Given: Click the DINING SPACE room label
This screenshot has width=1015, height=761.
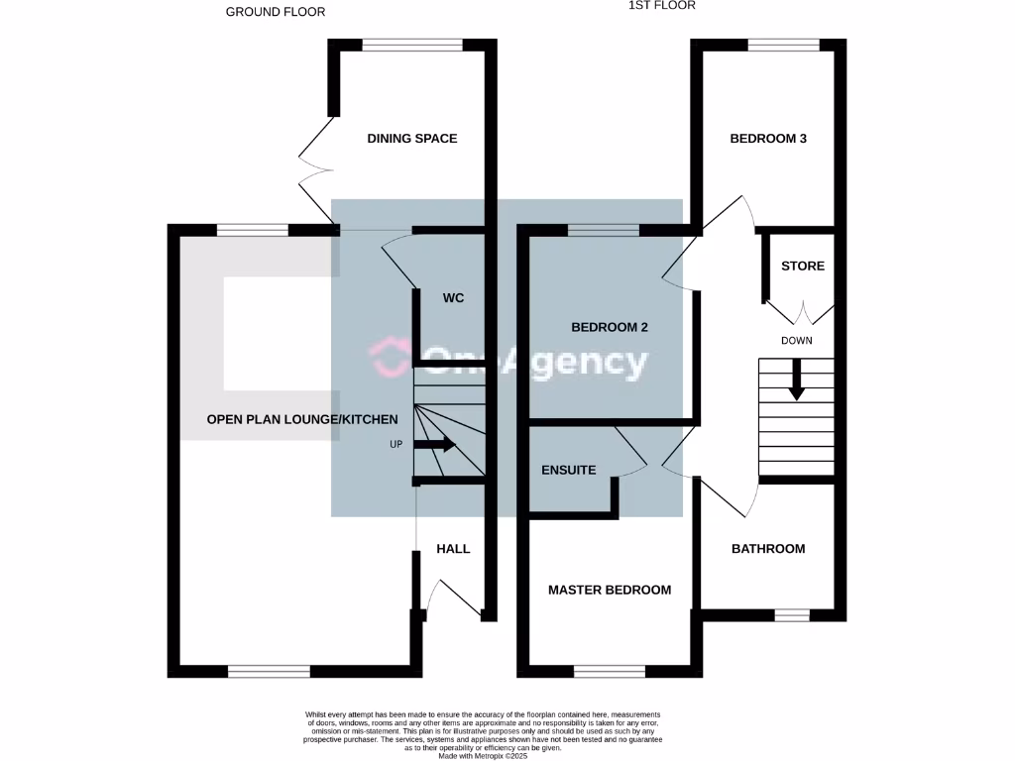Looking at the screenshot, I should (x=412, y=139).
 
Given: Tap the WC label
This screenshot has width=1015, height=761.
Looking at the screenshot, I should (x=453, y=297).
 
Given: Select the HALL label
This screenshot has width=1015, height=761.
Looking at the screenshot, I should (x=453, y=548).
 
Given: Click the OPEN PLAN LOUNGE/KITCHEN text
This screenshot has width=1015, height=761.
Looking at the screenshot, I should (x=302, y=420).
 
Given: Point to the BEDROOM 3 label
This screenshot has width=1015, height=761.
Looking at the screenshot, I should (x=768, y=139).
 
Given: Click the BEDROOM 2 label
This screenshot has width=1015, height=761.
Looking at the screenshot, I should (x=610, y=327).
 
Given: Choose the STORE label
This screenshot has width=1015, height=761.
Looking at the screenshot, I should (x=803, y=266).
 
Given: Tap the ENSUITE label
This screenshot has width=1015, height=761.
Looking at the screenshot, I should (x=569, y=470).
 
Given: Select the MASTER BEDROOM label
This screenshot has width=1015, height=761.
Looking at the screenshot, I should (x=610, y=590).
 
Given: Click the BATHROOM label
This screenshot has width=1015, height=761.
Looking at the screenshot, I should (x=768, y=548).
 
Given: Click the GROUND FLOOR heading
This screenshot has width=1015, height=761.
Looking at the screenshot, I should (x=276, y=12).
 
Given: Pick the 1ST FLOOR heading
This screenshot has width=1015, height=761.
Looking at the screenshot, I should (x=662, y=5).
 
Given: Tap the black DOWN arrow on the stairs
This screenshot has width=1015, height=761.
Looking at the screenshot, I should (x=796, y=381).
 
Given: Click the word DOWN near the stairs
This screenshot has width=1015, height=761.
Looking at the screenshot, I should (x=797, y=341).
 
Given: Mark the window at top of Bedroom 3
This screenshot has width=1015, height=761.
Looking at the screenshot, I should (x=783, y=45).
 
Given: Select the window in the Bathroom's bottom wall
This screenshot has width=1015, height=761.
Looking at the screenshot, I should (x=791, y=615).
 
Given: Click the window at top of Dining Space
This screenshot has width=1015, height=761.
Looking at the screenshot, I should (x=411, y=45).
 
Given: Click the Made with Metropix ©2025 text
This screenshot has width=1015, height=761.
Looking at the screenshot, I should (x=483, y=755).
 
